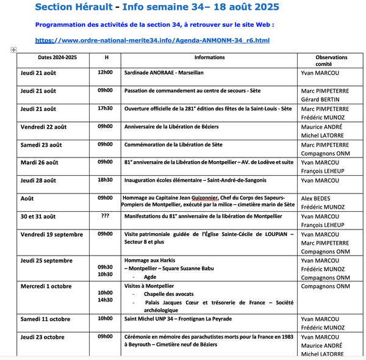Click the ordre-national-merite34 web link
(152, 40)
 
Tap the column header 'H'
(106, 57)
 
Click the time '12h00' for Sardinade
(106, 72)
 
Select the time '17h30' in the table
(106, 109)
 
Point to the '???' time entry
(106, 216)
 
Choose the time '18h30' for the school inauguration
(106, 180)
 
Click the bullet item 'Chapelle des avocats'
(168, 294)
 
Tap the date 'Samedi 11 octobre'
(45, 319)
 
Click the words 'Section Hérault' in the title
(73, 7)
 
